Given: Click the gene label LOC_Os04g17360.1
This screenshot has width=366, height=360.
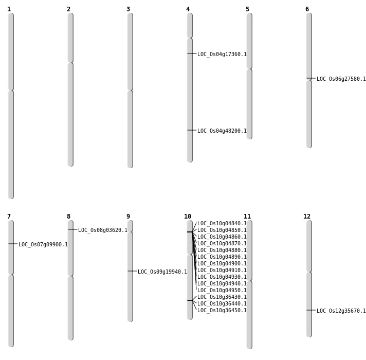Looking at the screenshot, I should pos(222,54).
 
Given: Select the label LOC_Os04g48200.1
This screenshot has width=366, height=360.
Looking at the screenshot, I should pos(222,131).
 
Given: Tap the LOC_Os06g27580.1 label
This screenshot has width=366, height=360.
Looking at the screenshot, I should pos(341,79).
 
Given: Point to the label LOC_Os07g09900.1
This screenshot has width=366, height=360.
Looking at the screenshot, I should pos(43,244).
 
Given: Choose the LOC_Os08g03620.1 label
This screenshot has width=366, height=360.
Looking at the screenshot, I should pos(102,230).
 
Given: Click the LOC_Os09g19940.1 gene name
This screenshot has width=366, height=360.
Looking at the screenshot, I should pos(162,272).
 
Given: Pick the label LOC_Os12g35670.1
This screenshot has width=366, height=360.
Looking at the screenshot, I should pos(341,311).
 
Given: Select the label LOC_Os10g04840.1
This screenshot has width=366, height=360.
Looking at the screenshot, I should pos(222,224).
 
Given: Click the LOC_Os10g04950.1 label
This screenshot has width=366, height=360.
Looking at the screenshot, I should pos(222,290).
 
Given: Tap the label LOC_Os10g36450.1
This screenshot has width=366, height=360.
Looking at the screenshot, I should pos(222,310).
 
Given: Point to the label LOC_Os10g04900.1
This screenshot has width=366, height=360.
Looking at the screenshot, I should pos(222,263).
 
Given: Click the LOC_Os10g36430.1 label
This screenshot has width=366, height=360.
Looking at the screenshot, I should pos(222,297).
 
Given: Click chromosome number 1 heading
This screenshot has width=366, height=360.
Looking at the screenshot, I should pos(9,9).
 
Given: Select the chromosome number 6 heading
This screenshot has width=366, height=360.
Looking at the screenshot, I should pos(307,9).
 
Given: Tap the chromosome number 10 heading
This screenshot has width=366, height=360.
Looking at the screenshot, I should pos(188,217).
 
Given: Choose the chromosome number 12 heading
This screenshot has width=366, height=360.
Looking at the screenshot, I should pos(307,217).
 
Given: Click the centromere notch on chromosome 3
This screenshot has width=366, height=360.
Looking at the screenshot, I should pos(130,91).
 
